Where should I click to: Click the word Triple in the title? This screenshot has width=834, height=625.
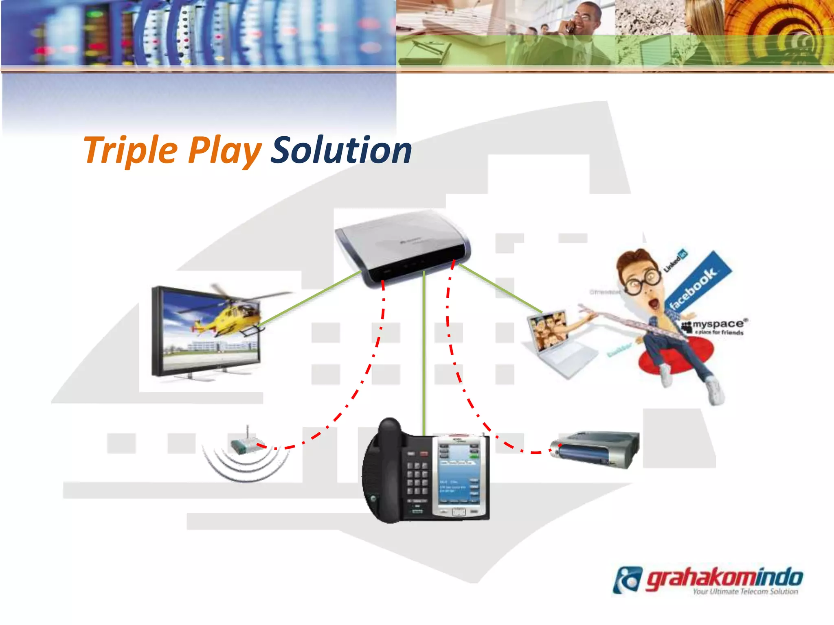coord(130,151)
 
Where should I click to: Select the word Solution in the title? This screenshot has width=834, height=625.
coord(341,151)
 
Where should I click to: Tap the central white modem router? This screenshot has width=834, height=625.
coord(401,246)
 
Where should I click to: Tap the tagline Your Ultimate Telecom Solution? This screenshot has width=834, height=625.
coord(745,592)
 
